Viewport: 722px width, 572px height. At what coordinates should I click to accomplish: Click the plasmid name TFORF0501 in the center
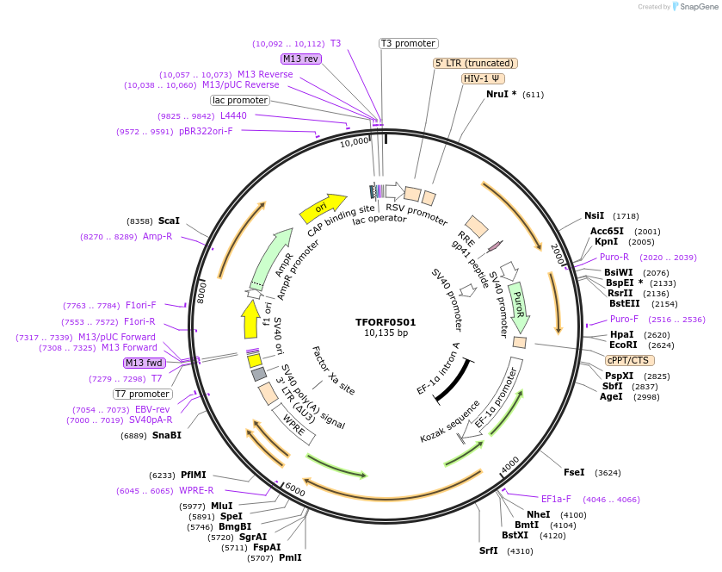(386, 321)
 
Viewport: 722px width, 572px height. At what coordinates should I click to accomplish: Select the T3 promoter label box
(409, 43)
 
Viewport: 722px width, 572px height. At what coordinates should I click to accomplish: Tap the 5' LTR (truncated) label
(474, 63)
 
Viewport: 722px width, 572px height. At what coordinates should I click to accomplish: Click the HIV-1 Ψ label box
(482, 78)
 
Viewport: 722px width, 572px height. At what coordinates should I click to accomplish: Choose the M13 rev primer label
(300, 59)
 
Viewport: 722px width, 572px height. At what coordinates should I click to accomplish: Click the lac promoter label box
(240, 100)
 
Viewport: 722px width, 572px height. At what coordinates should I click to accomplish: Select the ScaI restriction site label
(169, 221)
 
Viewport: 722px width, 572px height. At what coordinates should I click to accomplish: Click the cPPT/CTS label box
(628, 360)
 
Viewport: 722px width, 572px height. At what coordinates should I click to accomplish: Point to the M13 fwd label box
(144, 363)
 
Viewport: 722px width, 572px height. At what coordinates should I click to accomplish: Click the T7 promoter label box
(143, 394)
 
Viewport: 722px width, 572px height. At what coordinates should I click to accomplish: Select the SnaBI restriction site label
(167, 435)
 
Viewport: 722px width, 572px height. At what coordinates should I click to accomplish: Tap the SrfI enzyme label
(488, 550)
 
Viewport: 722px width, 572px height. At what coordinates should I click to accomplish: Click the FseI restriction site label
(573, 472)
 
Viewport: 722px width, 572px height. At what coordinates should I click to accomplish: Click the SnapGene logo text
(698, 6)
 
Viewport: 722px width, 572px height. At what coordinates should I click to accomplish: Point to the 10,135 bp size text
(386, 333)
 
